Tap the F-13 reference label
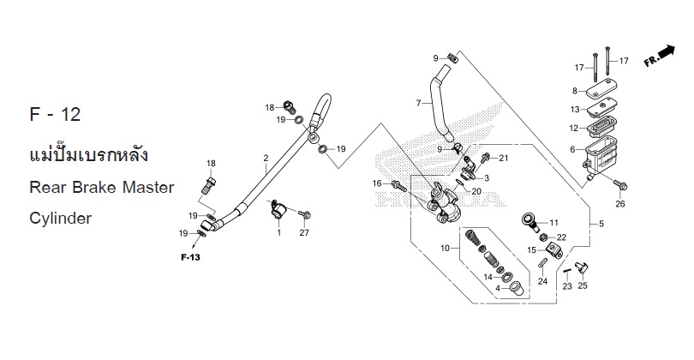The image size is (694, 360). click(x=190, y=256)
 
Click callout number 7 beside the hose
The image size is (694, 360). click(x=419, y=104)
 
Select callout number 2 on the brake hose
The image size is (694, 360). click(x=266, y=158)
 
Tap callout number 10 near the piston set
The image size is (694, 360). click(x=445, y=249)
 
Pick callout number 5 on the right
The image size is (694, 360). click(x=600, y=224)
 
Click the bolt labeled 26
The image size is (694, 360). click(x=619, y=185)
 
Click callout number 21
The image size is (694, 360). click(x=504, y=159)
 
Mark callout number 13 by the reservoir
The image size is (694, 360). click(x=576, y=109)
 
